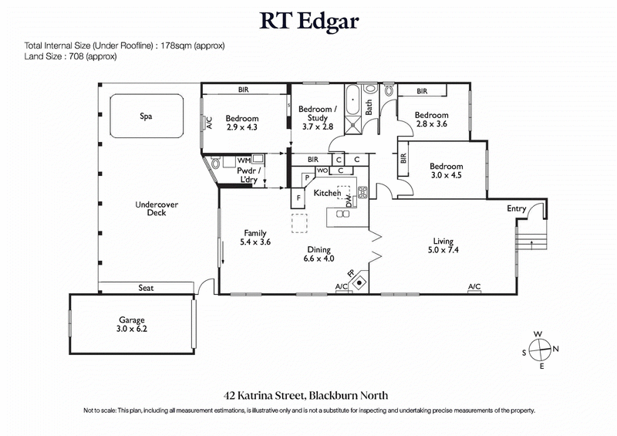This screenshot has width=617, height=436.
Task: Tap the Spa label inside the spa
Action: (146, 117)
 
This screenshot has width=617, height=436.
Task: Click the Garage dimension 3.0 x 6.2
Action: (131, 330)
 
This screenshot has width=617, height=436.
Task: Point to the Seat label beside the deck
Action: (146, 288)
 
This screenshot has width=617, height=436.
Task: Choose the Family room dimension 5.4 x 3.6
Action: (255, 242)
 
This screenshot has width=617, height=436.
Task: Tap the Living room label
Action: (443, 241)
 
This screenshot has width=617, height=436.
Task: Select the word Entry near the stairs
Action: (517, 209)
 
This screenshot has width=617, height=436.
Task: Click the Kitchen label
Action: (327, 192)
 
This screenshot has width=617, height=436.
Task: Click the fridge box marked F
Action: (298, 198)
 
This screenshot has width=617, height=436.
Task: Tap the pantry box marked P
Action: (306, 177)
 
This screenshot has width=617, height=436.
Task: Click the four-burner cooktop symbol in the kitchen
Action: (362, 190)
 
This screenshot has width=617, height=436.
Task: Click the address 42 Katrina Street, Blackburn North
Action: (308, 394)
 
